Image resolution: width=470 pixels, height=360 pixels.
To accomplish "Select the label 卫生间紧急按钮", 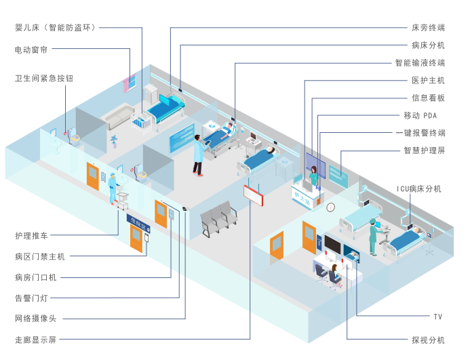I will pyautogui.click(x=44, y=78).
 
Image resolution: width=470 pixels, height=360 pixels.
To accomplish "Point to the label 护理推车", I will pyautogui.click(x=32, y=236).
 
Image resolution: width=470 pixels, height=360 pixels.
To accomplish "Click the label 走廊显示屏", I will pyautogui.click(x=35, y=339).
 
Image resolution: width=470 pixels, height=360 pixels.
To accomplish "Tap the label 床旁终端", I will pyautogui.click(x=428, y=28).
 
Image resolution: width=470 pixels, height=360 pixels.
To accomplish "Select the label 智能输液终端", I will pyautogui.click(x=420, y=63).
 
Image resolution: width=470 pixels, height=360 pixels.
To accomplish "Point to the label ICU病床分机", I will pyautogui.click(x=419, y=188).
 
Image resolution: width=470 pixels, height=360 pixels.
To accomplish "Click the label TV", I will pyautogui.click(x=438, y=317).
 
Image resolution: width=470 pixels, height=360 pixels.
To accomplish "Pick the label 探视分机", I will pyautogui.click(x=428, y=339).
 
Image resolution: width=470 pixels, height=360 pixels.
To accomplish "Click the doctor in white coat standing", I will pyautogui.click(x=198, y=155).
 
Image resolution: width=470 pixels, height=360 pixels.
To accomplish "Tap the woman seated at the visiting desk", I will pyautogui.click(x=335, y=274).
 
